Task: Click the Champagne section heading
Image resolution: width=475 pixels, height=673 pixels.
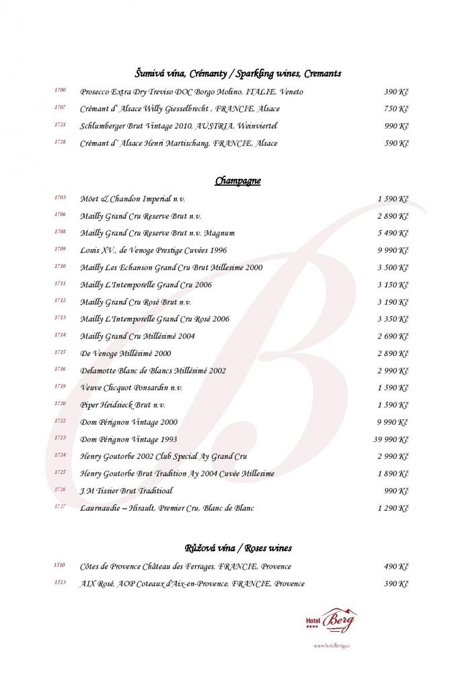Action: click(238, 181)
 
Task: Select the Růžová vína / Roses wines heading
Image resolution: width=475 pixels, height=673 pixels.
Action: click(238, 548)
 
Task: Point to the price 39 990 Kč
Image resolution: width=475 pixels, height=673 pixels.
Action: click(388, 439)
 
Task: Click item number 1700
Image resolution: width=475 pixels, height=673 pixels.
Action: click(60, 91)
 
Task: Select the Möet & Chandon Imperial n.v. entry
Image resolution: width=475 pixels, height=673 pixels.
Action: click(133, 199)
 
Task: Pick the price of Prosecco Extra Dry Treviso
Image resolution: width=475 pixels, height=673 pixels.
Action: click(396, 92)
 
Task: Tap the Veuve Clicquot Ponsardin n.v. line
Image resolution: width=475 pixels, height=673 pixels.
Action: click(131, 388)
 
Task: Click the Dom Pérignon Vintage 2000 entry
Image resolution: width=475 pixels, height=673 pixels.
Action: click(129, 423)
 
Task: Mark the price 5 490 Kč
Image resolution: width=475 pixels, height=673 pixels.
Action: click(393, 234)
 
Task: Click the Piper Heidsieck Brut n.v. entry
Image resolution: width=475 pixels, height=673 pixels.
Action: click(122, 405)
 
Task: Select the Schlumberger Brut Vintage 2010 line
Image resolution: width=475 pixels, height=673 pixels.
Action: click(178, 126)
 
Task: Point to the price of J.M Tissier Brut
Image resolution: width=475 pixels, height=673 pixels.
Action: click(396, 491)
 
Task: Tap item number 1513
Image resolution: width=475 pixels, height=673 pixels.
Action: click(60, 583)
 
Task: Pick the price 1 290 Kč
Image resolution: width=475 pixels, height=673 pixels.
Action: click(393, 508)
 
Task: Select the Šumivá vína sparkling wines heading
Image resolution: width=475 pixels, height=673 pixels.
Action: click(238, 73)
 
